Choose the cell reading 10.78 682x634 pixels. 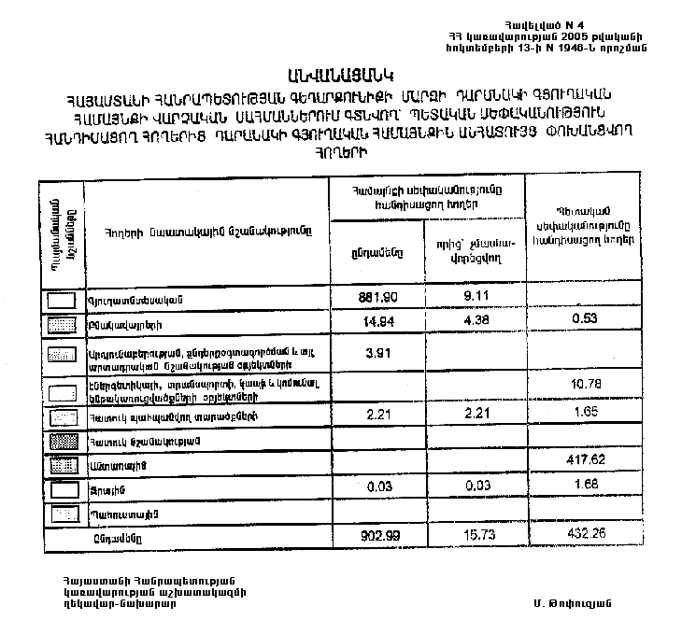pyautogui.click(x=586, y=385)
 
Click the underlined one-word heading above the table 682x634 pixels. pyautogui.click(x=344, y=74)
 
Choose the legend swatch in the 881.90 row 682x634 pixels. pyautogui.click(x=62, y=300)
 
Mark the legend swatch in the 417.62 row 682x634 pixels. pyautogui.click(x=62, y=464)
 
